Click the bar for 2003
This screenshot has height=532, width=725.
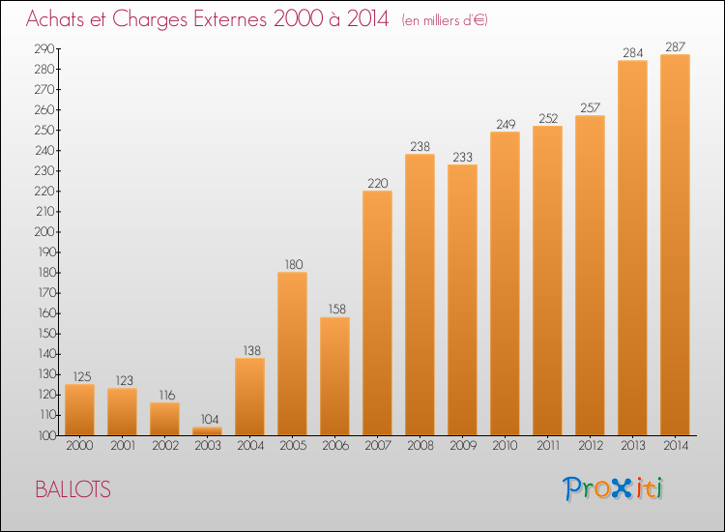click(207, 430)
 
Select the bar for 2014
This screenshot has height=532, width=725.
click(675, 245)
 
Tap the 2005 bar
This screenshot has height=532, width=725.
click(292, 353)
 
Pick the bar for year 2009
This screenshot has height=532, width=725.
click(462, 300)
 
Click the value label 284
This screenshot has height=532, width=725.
click(632, 53)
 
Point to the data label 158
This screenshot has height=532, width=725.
click(336, 309)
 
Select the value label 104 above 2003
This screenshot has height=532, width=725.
click(210, 419)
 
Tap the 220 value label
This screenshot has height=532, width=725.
click(378, 183)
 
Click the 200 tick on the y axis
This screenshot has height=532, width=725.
click(44, 232)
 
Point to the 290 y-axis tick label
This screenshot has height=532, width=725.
click(44, 48)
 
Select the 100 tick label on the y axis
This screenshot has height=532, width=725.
click(46, 435)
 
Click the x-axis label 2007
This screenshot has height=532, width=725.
click(378, 446)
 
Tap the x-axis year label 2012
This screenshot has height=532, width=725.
click(591, 446)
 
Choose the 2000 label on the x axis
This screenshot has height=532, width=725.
click(79, 446)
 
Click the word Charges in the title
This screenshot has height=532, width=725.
click(150, 20)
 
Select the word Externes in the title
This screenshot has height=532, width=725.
click(230, 18)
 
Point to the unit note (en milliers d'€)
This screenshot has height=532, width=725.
click(445, 20)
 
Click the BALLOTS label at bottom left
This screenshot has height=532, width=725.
click(73, 489)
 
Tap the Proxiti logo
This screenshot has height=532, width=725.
click(613, 488)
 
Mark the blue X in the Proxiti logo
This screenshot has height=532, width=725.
click(622, 488)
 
